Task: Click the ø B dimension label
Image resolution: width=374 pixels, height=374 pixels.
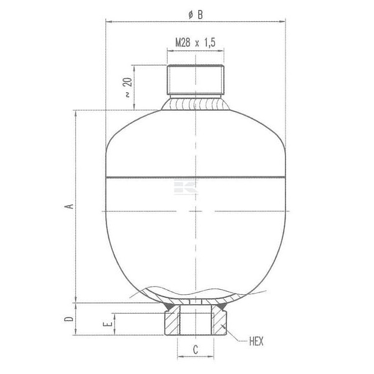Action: pos(195,15)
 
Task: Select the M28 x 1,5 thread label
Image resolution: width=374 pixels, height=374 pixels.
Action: pos(195,42)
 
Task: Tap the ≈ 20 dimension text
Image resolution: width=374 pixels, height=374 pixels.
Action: pos(128,87)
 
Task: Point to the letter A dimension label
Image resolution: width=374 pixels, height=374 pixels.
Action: pos(69,206)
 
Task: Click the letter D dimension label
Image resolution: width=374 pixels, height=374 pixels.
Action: pos(69,319)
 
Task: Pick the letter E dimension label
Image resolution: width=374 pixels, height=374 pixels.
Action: pos(107,324)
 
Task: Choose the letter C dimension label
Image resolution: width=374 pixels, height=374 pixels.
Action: pos(195,350)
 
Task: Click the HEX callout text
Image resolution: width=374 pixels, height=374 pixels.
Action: pos(256,342)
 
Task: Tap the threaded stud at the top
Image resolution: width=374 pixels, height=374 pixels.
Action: pos(195,79)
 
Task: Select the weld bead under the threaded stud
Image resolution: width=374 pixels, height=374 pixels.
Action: pos(195,103)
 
